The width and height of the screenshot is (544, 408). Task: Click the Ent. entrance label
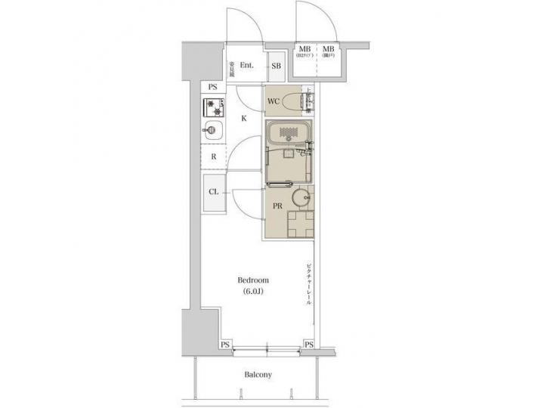[x=246, y=66]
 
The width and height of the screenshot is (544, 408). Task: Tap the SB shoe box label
[x=276, y=66]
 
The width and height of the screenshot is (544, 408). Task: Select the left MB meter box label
[x=304, y=51]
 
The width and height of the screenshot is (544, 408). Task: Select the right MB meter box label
[x=330, y=51]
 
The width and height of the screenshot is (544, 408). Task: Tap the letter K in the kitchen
[x=243, y=118]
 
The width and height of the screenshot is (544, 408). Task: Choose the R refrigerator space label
[x=214, y=157]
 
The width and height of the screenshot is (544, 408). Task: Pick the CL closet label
[x=214, y=192]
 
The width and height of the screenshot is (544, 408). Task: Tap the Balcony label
[x=258, y=375]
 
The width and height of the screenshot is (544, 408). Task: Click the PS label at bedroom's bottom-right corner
[x=308, y=345]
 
